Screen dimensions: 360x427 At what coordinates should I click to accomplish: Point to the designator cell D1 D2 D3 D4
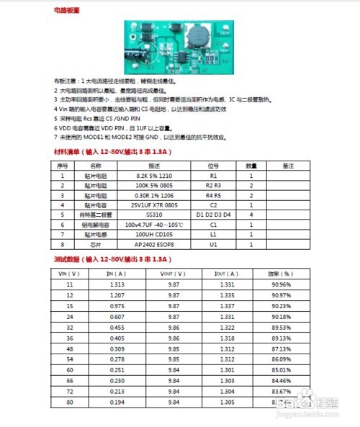(213, 214)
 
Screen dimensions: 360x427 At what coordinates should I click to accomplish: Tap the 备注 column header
(289, 166)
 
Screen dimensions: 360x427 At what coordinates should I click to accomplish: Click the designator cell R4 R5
(213, 194)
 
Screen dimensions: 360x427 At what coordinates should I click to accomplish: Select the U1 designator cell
(213, 244)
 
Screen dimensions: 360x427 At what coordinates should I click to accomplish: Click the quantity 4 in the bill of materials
(251, 214)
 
